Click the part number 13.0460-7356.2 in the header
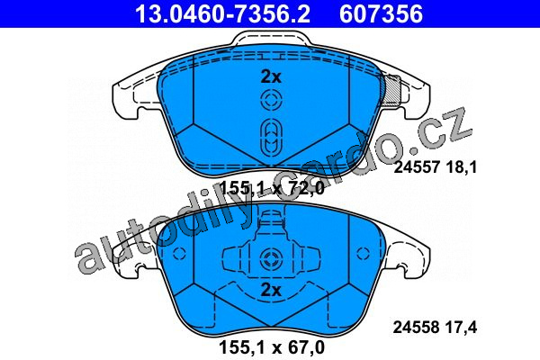(223, 14)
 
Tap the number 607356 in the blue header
(381, 14)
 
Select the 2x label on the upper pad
(271, 76)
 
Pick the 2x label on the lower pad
(271, 290)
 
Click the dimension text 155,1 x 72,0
(272, 188)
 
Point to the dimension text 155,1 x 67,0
(272, 347)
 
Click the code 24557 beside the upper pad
(417, 167)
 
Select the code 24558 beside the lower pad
(416, 328)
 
